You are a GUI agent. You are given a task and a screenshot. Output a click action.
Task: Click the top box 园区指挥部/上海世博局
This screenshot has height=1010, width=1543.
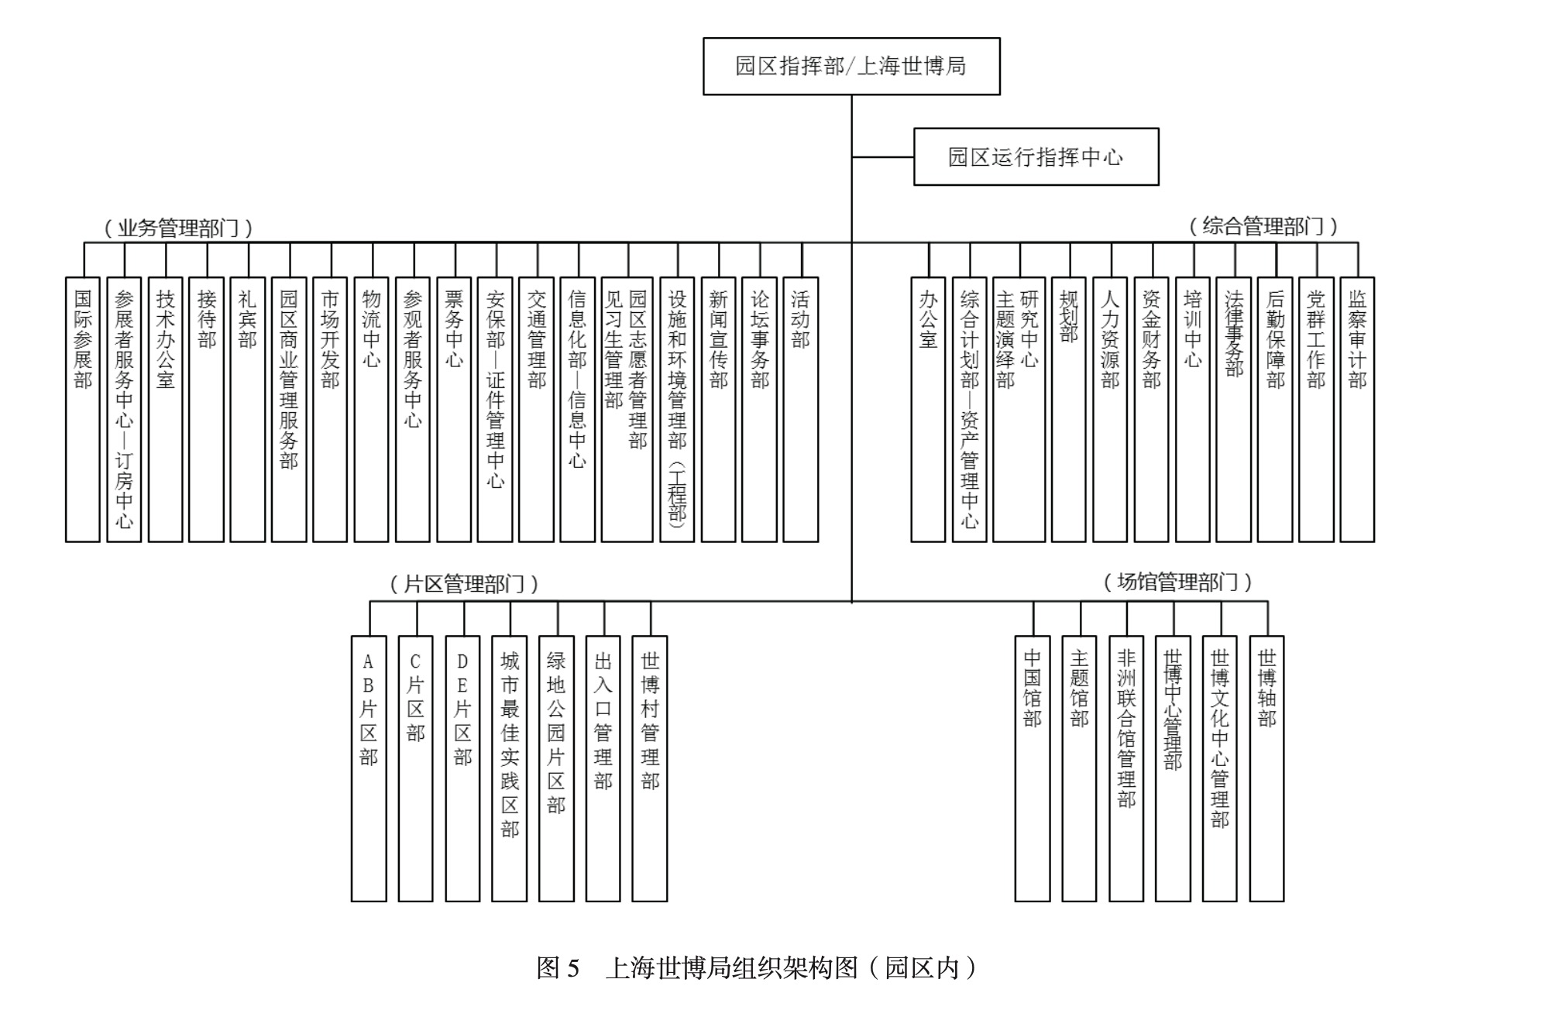point(851,67)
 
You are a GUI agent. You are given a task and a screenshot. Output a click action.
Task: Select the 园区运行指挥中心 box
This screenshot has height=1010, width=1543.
point(1036,157)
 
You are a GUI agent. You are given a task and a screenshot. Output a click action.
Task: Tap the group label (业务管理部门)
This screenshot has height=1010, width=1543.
point(178,228)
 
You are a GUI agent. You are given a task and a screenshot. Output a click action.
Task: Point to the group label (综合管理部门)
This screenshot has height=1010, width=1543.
point(1263,227)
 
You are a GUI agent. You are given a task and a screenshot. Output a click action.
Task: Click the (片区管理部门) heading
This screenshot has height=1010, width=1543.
point(464,584)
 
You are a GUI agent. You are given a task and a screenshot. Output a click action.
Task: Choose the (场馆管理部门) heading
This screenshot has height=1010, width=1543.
point(1177,582)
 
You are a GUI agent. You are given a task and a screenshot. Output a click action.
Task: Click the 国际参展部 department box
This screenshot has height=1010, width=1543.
point(83,409)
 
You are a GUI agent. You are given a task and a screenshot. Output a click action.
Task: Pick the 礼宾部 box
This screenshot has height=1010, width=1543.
point(248,409)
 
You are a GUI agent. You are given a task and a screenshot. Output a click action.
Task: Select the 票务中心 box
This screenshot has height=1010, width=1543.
point(454,409)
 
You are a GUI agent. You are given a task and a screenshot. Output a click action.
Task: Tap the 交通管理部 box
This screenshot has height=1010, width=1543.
point(536,409)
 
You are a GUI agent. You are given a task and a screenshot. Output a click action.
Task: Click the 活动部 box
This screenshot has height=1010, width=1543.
point(800,409)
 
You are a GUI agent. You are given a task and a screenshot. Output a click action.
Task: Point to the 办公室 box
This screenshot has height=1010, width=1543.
point(928,409)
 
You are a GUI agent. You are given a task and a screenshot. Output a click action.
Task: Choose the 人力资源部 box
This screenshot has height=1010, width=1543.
point(1110,409)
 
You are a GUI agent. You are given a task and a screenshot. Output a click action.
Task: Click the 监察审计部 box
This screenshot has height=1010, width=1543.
point(1357,409)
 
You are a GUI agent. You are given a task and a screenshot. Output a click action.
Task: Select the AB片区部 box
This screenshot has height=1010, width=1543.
point(369,768)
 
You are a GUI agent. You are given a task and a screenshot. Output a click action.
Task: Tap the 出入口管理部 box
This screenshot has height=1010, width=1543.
point(603,768)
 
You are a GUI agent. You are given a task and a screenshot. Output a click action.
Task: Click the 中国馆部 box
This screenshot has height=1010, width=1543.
point(1033,768)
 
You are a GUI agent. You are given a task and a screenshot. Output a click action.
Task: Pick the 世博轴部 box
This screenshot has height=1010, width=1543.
point(1266,768)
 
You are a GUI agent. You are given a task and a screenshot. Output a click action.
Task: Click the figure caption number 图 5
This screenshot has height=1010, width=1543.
point(558,968)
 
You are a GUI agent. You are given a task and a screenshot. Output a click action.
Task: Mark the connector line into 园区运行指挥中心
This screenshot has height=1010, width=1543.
point(883,157)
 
